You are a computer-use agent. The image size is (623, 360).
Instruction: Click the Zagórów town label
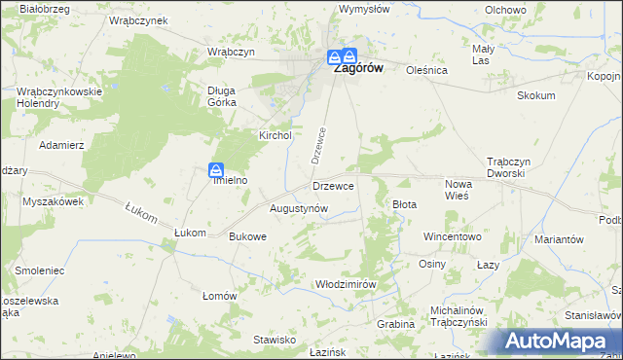tap(357, 70)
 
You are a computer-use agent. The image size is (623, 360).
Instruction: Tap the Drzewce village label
tap(333, 185)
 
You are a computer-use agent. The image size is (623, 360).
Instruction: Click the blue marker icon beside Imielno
tap(217, 169)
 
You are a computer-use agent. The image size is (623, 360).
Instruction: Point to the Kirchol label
tap(275, 136)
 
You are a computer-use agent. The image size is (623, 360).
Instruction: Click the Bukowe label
tap(246, 236)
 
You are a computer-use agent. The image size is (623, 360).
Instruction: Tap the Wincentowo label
tap(452, 236)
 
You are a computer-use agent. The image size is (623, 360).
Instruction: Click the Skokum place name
tap(536, 95)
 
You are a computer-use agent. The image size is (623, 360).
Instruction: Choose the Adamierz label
tap(61, 144)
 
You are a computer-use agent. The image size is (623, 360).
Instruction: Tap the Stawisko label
tap(275, 340)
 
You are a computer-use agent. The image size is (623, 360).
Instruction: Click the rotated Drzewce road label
tap(316, 146)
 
